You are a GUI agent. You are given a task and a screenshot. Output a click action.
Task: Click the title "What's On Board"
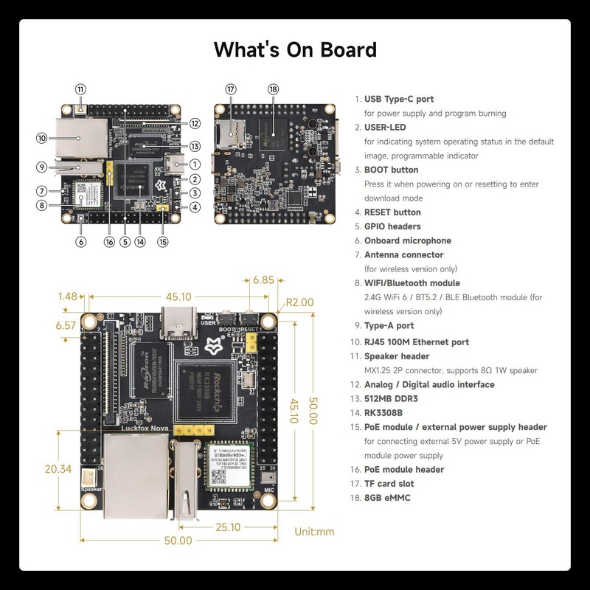(x=295, y=49)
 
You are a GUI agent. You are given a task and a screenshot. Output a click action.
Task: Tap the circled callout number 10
(x=42, y=138)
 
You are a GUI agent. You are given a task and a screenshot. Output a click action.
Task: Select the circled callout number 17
(x=231, y=89)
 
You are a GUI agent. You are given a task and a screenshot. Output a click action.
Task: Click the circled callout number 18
(x=274, y=89)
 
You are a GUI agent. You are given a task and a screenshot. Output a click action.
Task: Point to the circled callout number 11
(x=80, y=89)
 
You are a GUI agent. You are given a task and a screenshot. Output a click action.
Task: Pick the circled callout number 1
(x=195, y=164)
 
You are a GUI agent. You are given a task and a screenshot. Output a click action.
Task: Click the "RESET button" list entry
(x=392, y=212)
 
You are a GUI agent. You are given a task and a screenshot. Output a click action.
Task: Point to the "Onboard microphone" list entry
(x=407, y=240)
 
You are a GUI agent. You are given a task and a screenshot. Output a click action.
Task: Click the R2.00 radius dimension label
(x=300, y=302)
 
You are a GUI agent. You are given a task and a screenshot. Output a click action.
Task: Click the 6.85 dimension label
(x=263, y=280)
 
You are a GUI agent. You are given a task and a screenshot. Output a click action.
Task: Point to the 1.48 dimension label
(x=67, y=296)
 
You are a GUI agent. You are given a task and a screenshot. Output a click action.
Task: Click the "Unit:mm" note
(x=315, y=531)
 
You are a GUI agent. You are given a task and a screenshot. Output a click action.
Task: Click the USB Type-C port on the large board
(x=180, y=322)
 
